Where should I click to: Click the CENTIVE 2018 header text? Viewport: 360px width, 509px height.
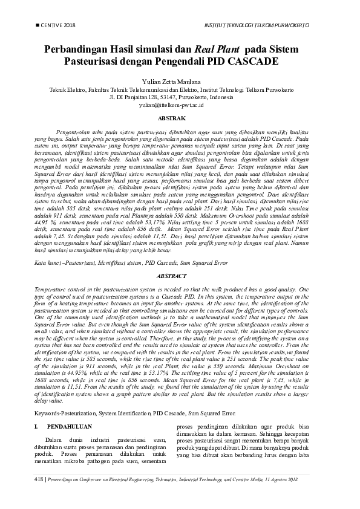tap(58, 26)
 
